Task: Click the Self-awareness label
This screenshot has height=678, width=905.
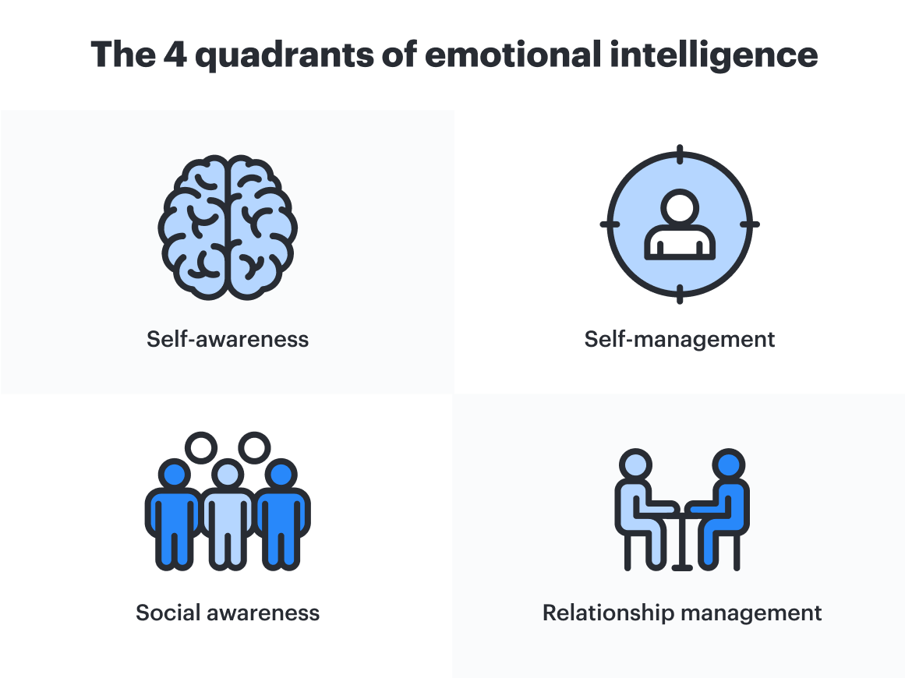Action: [228, 340]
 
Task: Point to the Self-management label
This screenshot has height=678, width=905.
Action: [680, 340]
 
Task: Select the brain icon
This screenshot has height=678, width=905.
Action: [228, 227]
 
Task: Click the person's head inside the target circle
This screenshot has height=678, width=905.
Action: [680, 207]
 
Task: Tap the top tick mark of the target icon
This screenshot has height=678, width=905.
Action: [680, 154]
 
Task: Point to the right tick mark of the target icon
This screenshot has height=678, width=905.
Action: [749, 224]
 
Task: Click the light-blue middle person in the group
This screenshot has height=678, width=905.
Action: [228, 514]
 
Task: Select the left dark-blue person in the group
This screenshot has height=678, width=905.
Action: [173, 514]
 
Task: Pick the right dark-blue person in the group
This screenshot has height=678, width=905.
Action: [282, 514]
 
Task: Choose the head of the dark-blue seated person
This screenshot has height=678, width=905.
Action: [730, 464]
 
